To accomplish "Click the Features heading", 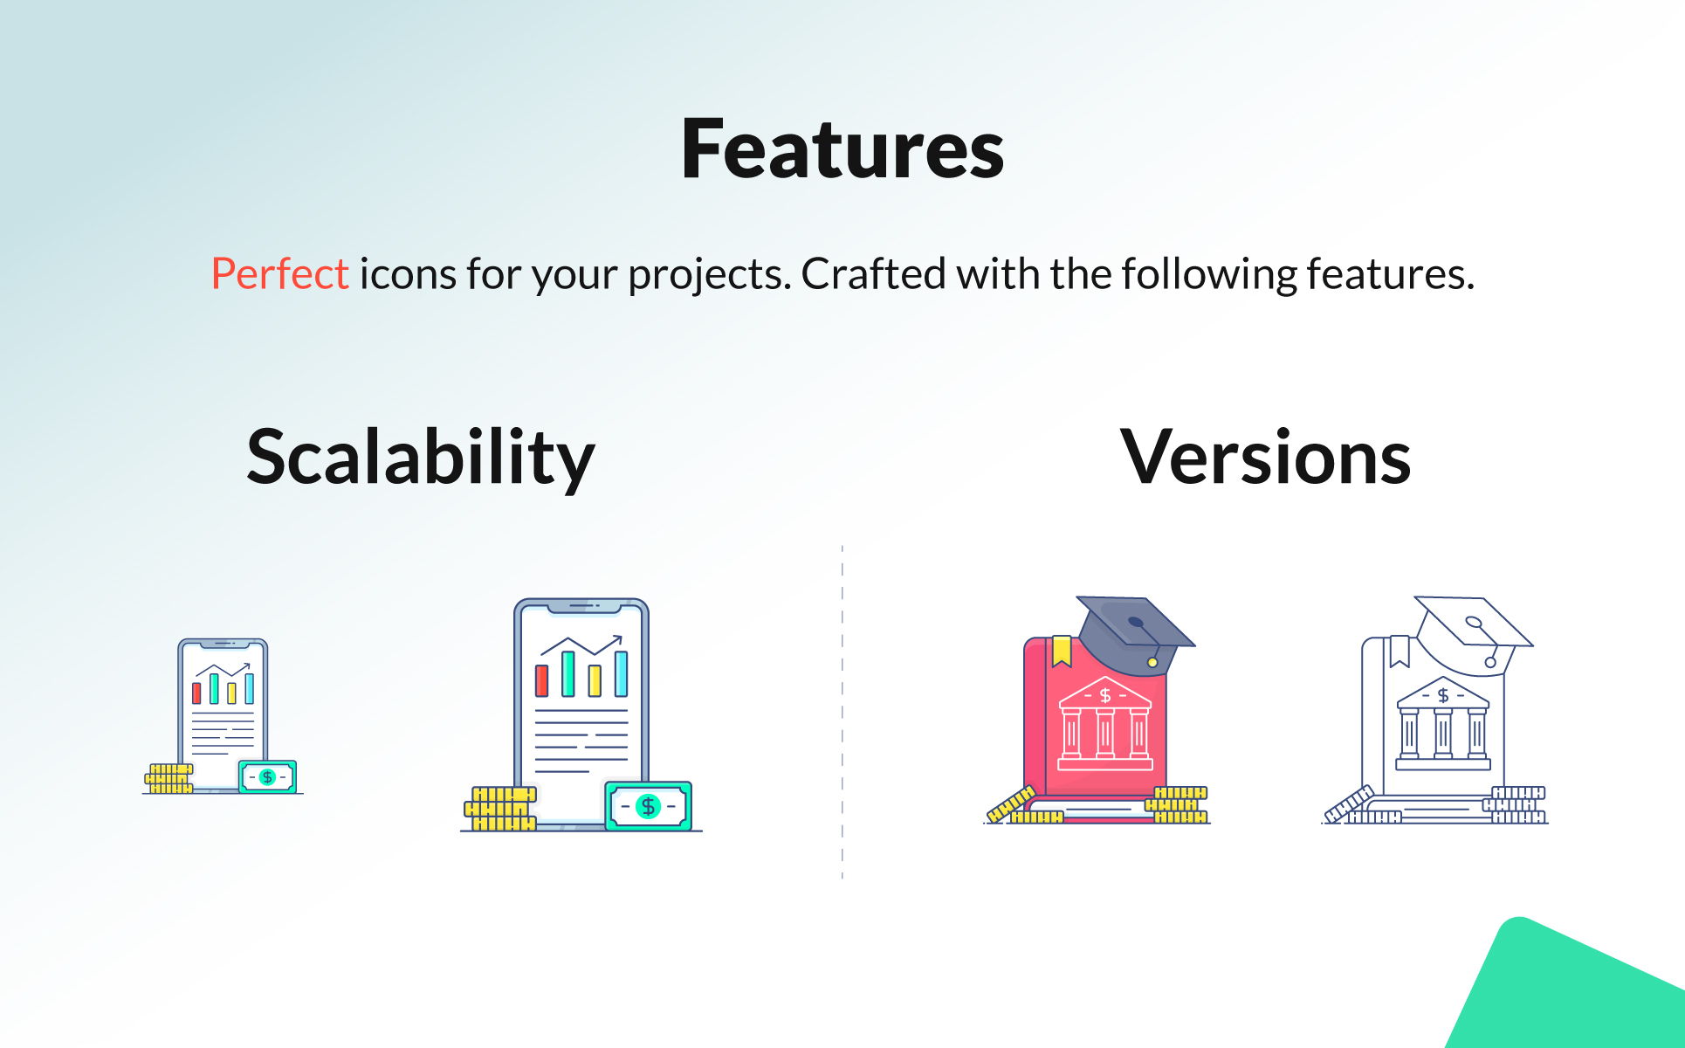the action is [842, 149].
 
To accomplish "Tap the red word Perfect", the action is [280, 274].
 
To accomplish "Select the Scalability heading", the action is [421, 458].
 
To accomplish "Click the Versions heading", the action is [1265, 457].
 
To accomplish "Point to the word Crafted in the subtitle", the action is [873, 274].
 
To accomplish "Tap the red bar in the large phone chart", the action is [541, 680].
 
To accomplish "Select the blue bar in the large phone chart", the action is [622, 673].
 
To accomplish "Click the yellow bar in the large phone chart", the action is [595, 680].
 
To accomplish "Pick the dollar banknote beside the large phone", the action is [649, 806].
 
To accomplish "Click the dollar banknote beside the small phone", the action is [267, 776].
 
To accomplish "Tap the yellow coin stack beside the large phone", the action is [499, 808].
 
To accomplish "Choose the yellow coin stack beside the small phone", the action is [168, 778].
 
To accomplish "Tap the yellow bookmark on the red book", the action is [1062, 651].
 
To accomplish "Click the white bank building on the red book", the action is [1105, 724].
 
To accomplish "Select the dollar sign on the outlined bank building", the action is [1443, 695].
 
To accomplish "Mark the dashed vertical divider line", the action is [842, 712].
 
